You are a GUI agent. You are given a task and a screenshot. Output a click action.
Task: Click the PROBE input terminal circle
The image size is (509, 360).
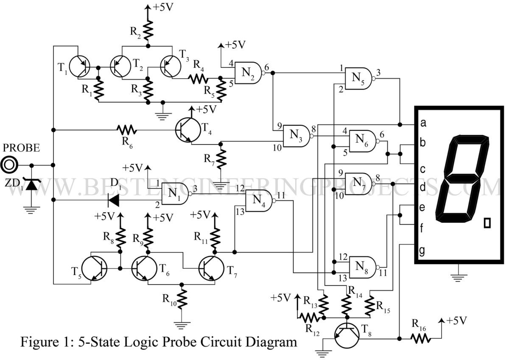(x=9, y=165)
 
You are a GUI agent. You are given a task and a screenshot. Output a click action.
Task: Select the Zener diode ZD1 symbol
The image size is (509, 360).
(x=32, y=184)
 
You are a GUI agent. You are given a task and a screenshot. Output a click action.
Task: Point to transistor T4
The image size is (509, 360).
(x=188, y=130)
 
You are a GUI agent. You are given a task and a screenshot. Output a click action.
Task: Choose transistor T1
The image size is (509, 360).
(x=80, y=67)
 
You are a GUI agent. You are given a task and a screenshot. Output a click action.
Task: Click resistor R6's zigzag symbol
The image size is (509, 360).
(x=127, y=130)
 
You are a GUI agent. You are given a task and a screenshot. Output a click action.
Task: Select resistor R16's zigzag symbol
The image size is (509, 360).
(x=421, y=338)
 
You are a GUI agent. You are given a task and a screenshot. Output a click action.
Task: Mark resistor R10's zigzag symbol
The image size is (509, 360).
(x=182, y=299)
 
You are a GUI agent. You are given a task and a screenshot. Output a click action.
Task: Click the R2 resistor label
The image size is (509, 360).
(x=136, y=32)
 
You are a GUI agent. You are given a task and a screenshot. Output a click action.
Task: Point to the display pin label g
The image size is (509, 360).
(x=422, y=251)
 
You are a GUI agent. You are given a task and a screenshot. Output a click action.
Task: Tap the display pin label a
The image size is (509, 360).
(x=423, y=123)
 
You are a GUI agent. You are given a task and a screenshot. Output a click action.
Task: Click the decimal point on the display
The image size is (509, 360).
(x=487, y=223)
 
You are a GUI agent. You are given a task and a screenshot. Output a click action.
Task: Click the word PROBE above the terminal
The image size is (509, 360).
(x=21, y=148)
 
